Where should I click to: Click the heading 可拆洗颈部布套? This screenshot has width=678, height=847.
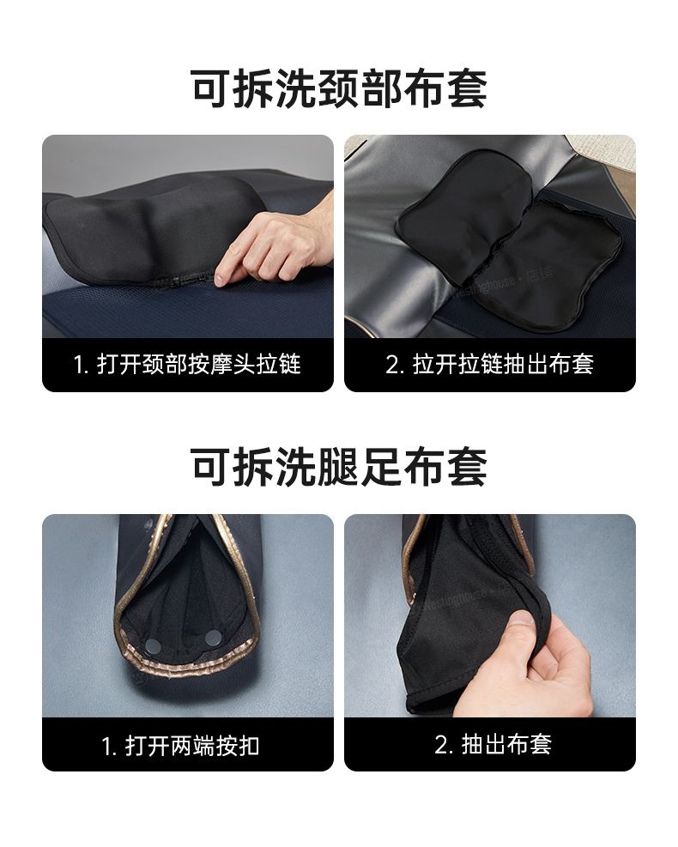click(339, 88)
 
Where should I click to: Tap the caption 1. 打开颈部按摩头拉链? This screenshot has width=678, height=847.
click(187, 364)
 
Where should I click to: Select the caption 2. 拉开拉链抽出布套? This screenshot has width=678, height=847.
click(489, 364)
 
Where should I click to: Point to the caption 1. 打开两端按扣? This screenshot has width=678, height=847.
click(180, 746)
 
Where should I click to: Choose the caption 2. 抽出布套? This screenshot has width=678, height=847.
click(493, 744)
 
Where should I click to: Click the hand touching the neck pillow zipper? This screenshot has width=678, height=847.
click(275, 238)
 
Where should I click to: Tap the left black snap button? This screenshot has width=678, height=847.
click(153, 645)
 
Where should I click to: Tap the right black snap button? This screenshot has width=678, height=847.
click(213, 638)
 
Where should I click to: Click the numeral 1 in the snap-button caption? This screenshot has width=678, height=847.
click(106, 747)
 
